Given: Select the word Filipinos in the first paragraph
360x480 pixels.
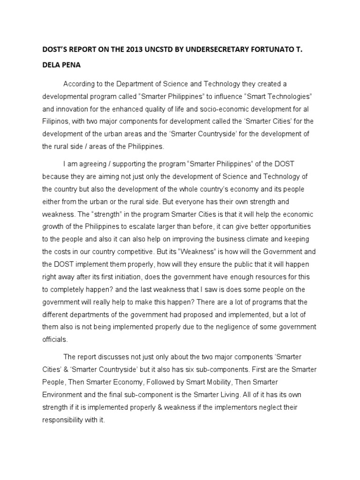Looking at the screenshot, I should click(x=57, y=121).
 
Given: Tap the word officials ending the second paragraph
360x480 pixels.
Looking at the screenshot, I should click(x=55, y=339).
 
